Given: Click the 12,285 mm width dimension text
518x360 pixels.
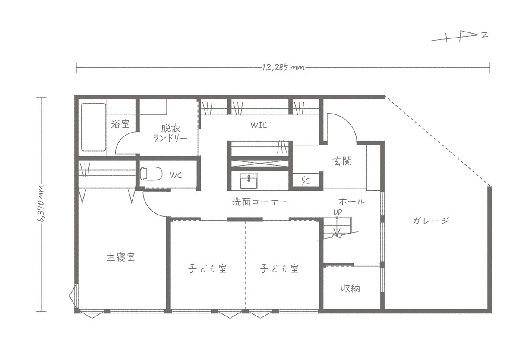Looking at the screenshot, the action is (283, 67).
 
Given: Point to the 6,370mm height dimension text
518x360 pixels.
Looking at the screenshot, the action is (41, 203).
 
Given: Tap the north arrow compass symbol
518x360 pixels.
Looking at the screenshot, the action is (460, 38).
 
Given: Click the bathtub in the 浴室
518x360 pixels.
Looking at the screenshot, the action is (93, 127).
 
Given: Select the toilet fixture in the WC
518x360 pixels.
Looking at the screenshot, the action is (151, 174).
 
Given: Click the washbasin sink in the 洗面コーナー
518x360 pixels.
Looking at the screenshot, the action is (249, 181).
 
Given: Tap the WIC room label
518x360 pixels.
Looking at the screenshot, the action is (259, 125).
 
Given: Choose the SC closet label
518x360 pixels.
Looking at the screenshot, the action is (306, 180).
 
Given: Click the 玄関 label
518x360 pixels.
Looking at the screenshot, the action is (342, 161).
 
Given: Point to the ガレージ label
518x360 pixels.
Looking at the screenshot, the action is (431, 221).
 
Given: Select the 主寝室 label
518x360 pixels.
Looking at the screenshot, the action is (121, 257).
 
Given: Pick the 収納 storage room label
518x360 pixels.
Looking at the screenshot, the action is (351, 288).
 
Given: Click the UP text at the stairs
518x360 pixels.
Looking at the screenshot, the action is (338, 212).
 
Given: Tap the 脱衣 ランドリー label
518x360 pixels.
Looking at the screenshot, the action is (170, 133).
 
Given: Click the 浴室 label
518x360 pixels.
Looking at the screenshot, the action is (120, 124).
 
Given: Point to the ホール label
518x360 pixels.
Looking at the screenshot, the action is (352, 202).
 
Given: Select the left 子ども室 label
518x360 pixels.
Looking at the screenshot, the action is (207, 268).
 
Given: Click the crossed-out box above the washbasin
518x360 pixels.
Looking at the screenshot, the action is (260, 164).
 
